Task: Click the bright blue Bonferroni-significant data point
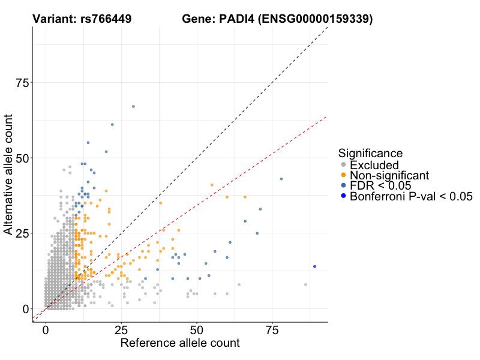(x=314, y=266)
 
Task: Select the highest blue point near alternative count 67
(x=133, y=106)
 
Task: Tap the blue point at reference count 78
(x=281, y=179)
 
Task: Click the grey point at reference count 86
(x=305, y=284)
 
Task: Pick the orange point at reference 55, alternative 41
(x=212, y=185)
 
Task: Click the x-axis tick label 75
(x=272, y=330)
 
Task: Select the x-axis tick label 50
(x=196, y=330)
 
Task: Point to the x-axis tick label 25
(x=121, y=330)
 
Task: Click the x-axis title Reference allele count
(x=180, y=343)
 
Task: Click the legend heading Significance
(x=370, y=153)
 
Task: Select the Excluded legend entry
(x=374, y=165)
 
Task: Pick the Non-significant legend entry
(x=389, y=175)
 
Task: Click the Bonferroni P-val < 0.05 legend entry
(x=411, y=196)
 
